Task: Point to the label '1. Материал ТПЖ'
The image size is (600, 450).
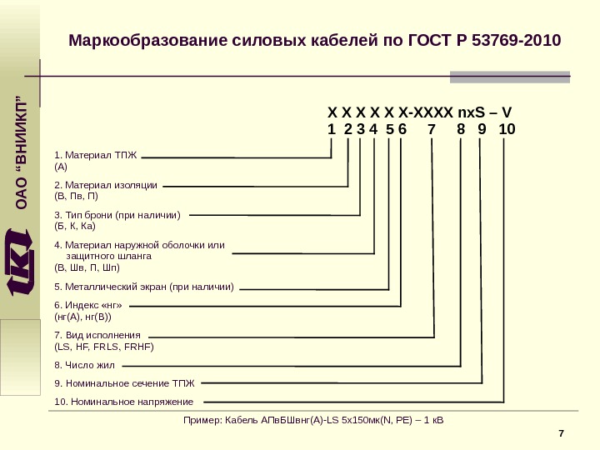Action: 94,155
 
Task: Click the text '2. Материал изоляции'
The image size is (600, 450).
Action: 105,184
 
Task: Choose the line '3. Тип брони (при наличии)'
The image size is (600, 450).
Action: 117,214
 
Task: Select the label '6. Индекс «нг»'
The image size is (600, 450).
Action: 87,306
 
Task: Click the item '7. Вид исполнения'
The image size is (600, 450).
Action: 97,334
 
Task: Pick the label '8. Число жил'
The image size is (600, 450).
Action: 84,365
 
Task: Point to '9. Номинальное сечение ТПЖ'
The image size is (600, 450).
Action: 123,383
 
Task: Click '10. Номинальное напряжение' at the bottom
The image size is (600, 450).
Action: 122,402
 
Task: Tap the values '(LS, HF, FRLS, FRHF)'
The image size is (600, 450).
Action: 104,345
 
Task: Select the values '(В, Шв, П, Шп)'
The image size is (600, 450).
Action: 87,268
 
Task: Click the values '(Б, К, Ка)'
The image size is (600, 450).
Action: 75,225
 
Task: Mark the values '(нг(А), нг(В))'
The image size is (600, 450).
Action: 82,317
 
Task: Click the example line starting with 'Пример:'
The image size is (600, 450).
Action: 313,419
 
